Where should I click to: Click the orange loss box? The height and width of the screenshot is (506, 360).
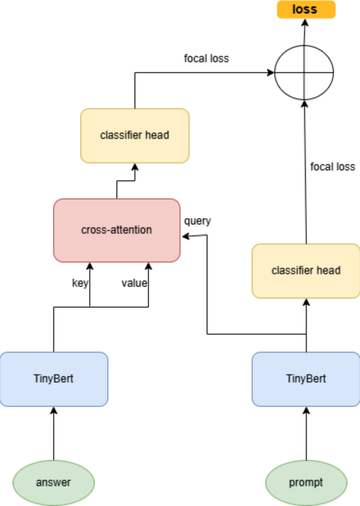tap(306, 9)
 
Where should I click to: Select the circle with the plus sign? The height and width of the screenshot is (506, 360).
tap(304, 72)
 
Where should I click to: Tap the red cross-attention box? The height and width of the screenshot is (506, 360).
tap(116, 230)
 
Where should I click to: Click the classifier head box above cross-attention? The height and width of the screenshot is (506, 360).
tap(134, 135)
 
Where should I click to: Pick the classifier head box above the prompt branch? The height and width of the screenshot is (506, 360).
tap(306, 271)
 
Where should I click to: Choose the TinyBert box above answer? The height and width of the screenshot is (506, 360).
tap(53, 379)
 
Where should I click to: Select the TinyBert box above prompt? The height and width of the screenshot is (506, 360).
tap(306, 379)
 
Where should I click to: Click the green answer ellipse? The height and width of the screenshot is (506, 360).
tap(53, 483)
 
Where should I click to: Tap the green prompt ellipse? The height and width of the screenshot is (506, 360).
tap(306, 483)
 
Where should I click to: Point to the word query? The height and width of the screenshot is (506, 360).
tap(198, 221)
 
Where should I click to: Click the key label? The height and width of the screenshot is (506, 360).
tap(80, 283)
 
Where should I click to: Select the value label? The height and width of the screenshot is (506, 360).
tap(134, 283)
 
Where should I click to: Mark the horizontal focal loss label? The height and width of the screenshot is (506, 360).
tap(206, 58)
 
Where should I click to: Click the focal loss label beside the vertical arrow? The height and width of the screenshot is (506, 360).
tap(332, 167)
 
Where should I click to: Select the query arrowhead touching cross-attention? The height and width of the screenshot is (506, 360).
tap(184, 236)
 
